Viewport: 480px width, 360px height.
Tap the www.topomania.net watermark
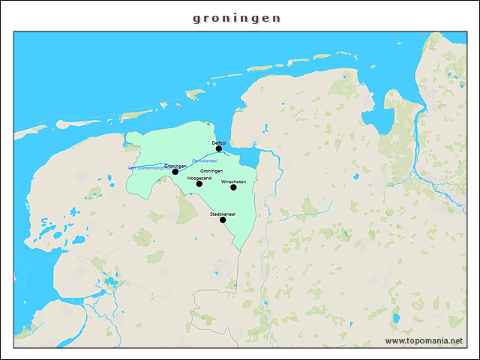tap(424, 341)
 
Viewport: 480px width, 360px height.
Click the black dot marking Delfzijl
tap(219, 148)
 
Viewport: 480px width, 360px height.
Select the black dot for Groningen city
tap(175, 172)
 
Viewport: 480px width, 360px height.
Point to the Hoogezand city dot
tap(199, 184)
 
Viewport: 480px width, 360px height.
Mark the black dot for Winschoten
tap(233, 187)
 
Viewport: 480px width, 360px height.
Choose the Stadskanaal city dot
tap(223, 220)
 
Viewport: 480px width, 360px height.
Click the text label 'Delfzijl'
tap(219, 142)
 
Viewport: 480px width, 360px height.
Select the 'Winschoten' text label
tap(233, 181)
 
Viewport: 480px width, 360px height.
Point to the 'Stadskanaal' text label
tap(223, 213)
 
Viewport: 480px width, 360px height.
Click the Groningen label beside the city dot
tap(175, 166)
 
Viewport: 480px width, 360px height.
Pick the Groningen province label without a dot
tap(211, 172)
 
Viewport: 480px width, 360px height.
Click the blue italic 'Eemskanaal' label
tap(204, 160)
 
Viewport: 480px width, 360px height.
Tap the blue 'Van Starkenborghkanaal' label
tap(146, 168)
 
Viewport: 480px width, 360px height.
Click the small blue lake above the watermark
tap(395, 318)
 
